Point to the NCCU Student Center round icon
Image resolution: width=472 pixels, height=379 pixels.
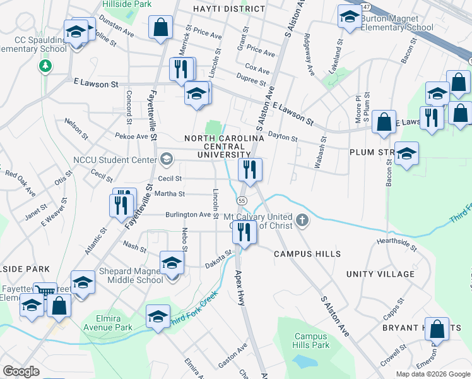coord(167,158)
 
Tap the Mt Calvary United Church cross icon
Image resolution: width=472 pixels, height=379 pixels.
coord(302,220)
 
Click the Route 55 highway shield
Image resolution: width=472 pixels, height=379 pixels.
coord(242,200)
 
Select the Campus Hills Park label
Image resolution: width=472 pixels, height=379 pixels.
coord(312,341)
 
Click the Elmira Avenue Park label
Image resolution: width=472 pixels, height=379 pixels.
coord(106,322)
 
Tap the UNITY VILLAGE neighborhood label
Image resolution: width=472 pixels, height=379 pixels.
coord(381,274)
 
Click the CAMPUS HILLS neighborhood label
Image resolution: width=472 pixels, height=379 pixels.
coord(307,254)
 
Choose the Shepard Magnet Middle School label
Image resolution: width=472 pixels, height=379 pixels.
coord(131,276)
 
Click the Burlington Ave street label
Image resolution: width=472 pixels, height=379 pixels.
coord(188,215)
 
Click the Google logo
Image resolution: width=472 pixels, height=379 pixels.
coord(21,371)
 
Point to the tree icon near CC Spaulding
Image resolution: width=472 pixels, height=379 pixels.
coord(45,66)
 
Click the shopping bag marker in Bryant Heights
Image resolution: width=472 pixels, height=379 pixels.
coord(437,329)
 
